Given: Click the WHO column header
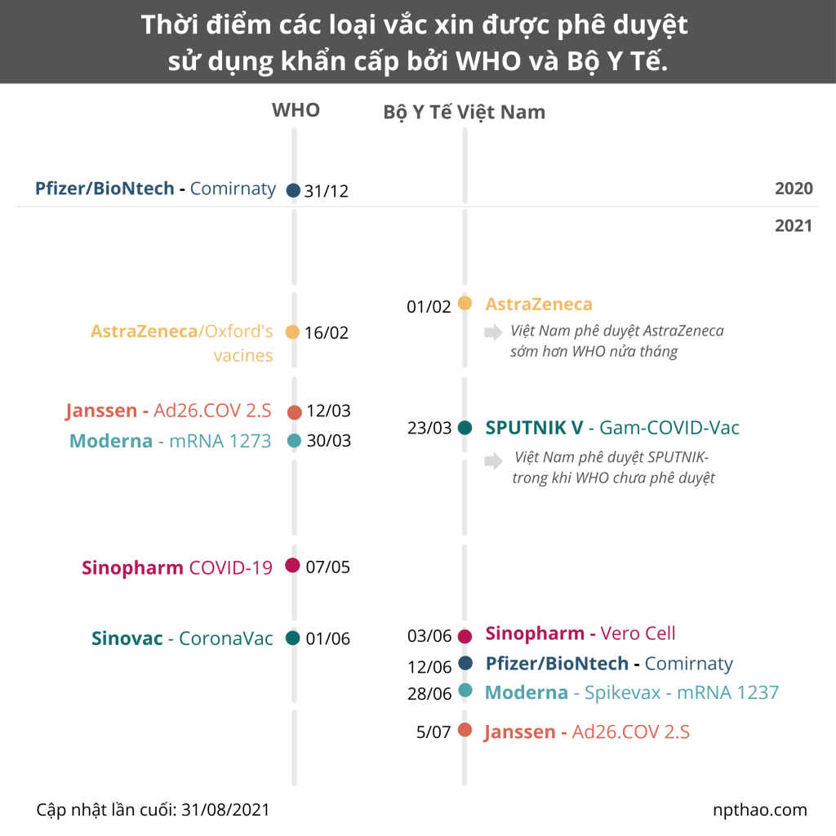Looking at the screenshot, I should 296,110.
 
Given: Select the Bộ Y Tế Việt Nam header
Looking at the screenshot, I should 464,112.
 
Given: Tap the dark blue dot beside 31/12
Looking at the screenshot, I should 294,191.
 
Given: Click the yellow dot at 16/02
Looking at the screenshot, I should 292,331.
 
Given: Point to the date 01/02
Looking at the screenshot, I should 429,307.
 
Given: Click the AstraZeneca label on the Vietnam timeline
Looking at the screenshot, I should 539,305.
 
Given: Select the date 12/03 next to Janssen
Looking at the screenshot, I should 328,411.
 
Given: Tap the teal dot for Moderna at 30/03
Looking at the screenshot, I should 294,441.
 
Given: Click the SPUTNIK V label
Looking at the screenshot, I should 534,428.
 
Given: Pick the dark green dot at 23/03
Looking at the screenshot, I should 465,427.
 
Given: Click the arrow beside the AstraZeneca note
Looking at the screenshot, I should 493,332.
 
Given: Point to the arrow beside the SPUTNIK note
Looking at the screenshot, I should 493,461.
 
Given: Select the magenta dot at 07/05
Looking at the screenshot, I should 292,565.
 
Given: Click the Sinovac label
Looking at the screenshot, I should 127,638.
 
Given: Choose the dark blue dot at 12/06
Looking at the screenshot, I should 465,663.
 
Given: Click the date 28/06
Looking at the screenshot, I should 429,694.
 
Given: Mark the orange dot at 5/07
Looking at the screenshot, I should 465,730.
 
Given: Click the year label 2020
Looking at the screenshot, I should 794,189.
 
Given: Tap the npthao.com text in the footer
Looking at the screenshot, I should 759,810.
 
